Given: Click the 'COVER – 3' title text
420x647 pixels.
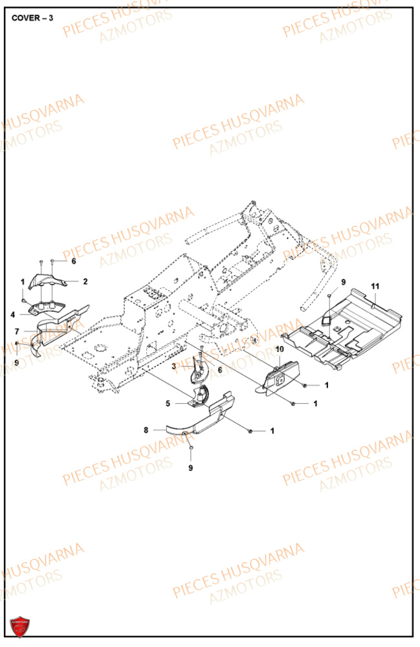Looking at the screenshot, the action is [32, 17].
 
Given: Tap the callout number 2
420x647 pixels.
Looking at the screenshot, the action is [84, 281].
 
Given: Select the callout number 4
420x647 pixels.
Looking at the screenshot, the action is [13, 314].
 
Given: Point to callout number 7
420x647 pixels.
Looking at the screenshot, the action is [17, 331].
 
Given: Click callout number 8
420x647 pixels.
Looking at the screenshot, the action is [146, 429].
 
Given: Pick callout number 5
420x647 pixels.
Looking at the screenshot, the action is [168, 403].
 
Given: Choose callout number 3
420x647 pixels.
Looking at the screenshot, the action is [173, 367].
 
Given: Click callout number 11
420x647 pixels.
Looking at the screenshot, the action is [375, 285].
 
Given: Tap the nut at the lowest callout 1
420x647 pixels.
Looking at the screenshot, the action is [250, 430].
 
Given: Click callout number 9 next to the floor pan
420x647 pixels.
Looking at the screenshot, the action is [344, 282].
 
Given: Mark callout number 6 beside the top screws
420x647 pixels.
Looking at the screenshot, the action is [74, 261].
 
